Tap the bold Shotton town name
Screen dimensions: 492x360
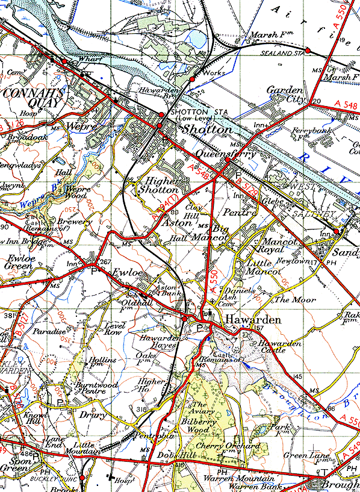tap(207, 130)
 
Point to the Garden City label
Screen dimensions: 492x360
tap(287, 95)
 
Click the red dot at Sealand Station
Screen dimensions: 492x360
tap(308, 51)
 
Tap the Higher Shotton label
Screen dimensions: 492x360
tap(159, 184)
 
